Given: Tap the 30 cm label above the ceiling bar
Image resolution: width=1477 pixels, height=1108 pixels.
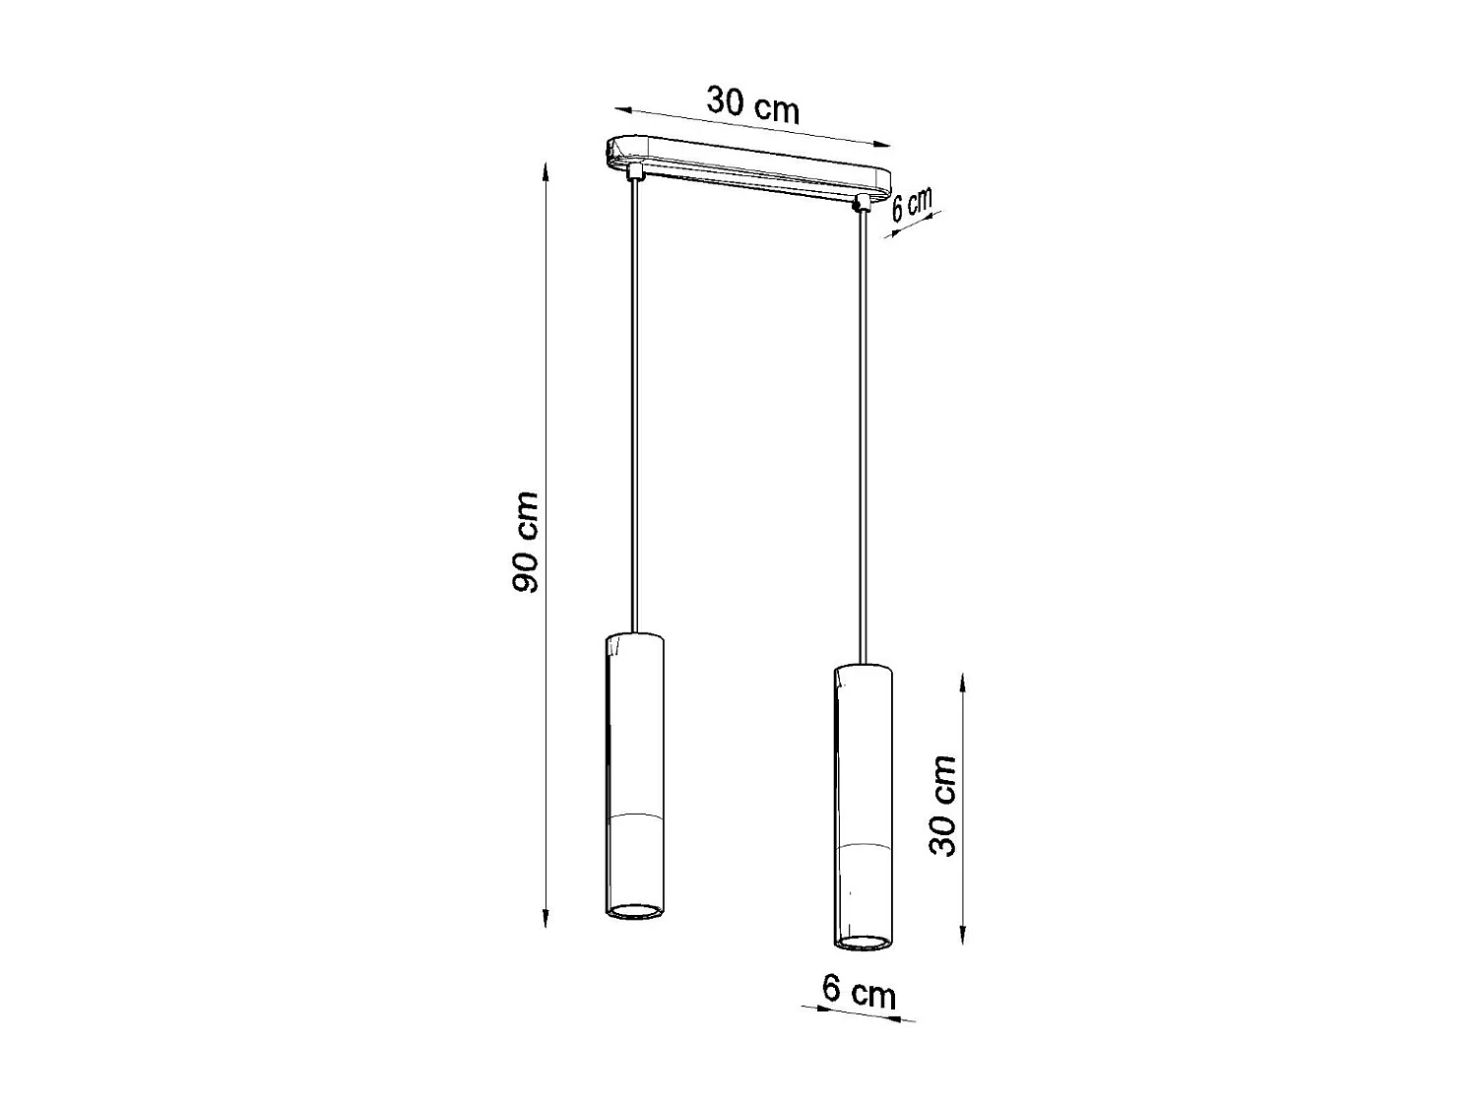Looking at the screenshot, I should coord(753,103).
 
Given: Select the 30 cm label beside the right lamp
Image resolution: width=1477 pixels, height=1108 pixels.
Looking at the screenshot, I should coord(943,806).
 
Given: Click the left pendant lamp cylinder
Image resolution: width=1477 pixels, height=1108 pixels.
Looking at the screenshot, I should coord(636,768).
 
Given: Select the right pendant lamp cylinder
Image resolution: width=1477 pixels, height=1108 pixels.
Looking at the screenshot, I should coord(864,798).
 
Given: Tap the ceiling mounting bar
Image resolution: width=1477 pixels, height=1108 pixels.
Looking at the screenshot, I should coord(748,165).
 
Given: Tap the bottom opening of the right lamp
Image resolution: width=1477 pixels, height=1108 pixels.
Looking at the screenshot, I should coord(864,943).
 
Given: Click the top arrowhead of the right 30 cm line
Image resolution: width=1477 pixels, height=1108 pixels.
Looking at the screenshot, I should coord(962,679).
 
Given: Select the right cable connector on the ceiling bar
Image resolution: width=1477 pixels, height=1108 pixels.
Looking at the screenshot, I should coord(864,202).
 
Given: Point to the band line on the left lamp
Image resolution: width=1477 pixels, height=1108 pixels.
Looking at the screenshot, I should coord(636,816).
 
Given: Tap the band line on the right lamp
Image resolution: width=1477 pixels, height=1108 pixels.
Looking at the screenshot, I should coord(864,847).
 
